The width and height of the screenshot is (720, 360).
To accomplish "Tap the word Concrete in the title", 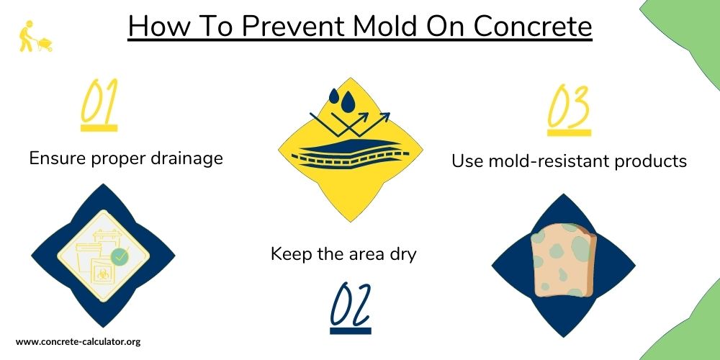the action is tap(533, 26).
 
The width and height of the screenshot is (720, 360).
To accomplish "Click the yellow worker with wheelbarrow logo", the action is tap(35, 36).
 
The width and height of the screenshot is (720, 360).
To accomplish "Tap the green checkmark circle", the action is tap(120, 256).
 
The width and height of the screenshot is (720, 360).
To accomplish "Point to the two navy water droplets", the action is tap(342, 101).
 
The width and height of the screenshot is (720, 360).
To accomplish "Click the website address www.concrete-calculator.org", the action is tap(78, 341).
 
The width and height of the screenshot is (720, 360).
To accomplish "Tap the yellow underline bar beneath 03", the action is tap(569, 132).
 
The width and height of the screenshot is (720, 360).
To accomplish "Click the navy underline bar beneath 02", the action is tap(351, 330).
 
